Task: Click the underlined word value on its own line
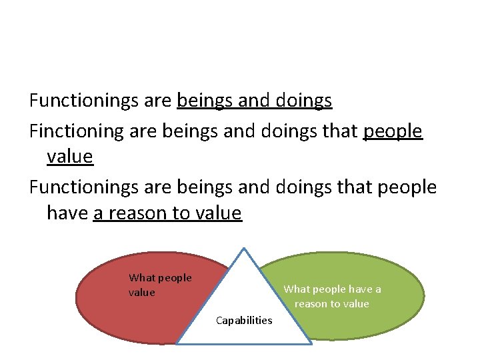[x=70, y=157]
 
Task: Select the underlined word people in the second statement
[x=393, y=131]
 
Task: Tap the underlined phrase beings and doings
[x=255, y=101]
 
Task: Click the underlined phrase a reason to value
[x=167, y=213]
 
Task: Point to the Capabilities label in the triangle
[x=244, y=321]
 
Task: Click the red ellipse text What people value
[x=160, y=285]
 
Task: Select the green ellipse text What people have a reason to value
[x=332, y=297]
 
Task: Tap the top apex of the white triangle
[x=245, y=249]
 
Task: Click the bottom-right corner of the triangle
[x=311, y=343]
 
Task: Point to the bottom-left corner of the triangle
[x=177, y=343]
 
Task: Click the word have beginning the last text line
[x=67, y=213]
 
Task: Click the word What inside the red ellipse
[x=141, y=278]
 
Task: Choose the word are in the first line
[x=157, y=101]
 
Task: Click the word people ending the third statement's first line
[x=407, y=187]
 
